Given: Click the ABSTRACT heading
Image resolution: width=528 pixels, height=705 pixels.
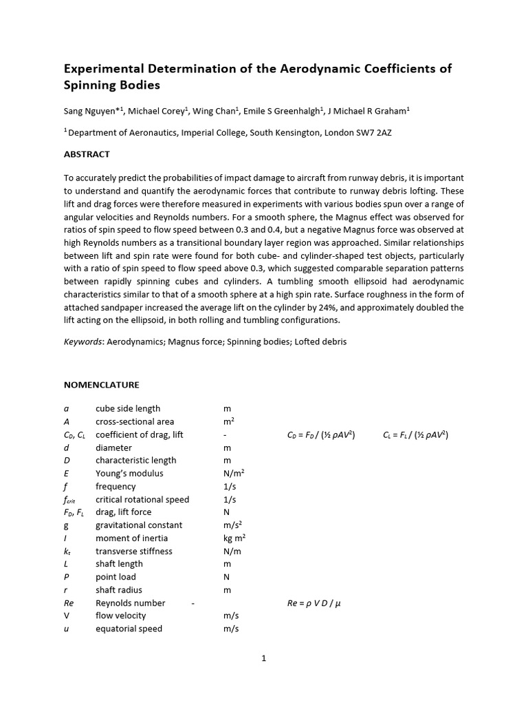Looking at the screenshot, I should (87, 154).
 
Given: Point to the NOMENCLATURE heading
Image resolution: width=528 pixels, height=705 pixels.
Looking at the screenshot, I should (101, 385).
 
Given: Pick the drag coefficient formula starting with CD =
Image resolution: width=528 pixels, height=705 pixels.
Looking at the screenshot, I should (320, 434).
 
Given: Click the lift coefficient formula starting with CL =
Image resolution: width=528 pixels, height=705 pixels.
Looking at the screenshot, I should (415, 434).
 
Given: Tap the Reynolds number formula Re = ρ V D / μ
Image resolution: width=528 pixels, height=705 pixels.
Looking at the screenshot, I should (314, 603).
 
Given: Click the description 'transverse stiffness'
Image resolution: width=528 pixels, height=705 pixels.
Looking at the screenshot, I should (134, 551).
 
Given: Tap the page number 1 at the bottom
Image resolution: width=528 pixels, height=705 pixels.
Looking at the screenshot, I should (263, 658).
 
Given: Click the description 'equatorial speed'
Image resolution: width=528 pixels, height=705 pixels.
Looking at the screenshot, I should (129, 629).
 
